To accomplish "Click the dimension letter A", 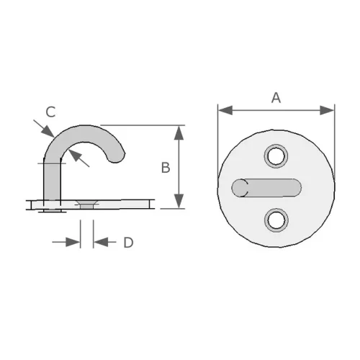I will click(x=276, y=98).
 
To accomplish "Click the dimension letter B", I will click(x=165, y=168).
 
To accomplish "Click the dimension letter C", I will click(x=50, y=112).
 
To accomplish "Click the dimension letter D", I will click(x=128, y=243).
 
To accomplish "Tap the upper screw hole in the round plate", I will click(x=276, y=154).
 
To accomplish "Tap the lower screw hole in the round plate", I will click(x=276, y=220).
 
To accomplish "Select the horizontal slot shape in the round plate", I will click(x=266, y=187).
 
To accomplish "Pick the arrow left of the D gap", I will click(x=73, y=243).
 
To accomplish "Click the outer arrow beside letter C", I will click(x=47, y=130).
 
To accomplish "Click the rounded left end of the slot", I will click(x=239, y=188).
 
